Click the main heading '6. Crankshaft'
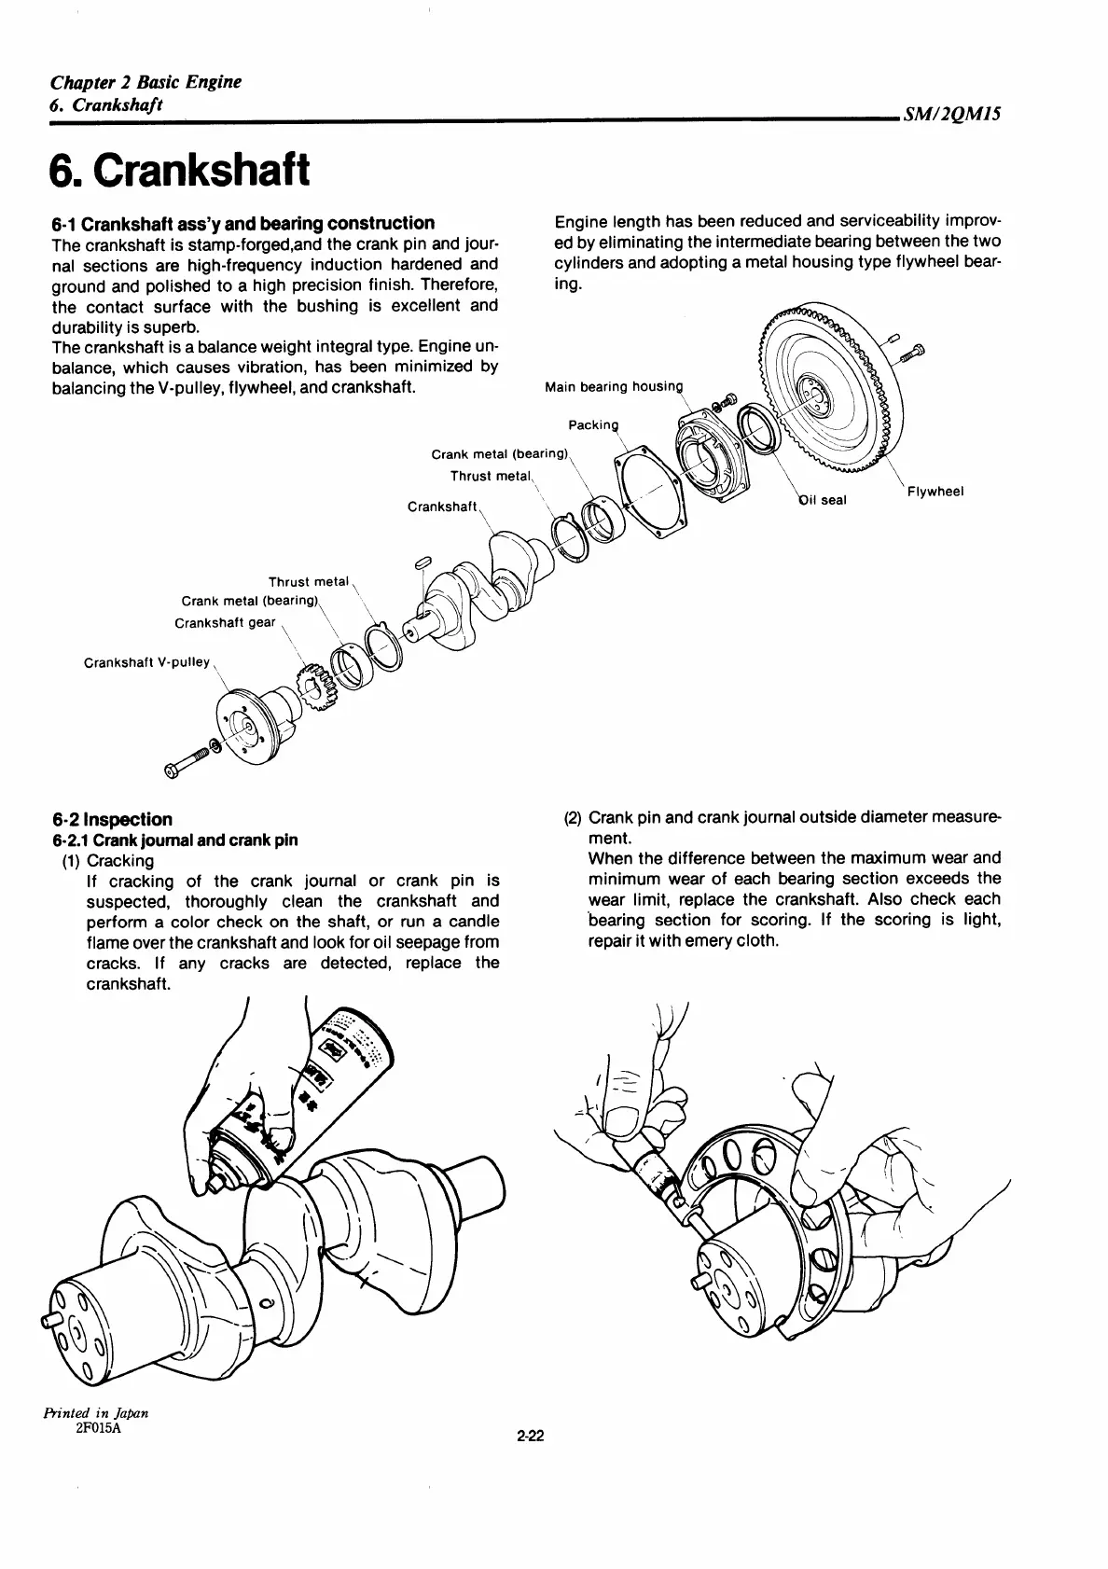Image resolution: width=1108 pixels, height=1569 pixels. pyautogui.click(x=179, y=171)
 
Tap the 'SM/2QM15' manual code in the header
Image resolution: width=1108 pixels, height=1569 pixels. pyautogui.click(x=951, y=115)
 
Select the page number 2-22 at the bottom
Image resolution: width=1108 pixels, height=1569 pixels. pyautogui.click(x=529, y=1463)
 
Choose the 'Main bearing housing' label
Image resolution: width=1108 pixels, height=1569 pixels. pyautogui.click(x=614, y=387)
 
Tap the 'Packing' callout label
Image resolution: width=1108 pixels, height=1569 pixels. pyautogui.click(x=593, y=426)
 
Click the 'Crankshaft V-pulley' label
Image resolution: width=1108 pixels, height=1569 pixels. pyautogui.click(x=146, y=662)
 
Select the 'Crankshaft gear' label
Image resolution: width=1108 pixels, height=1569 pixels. pyautogui.click(x=225, y=622)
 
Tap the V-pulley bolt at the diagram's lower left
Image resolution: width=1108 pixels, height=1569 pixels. pyautogui.click(x=190, y=759)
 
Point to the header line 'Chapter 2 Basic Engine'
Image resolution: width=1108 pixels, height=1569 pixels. pyautogui.click(x=145, y=82)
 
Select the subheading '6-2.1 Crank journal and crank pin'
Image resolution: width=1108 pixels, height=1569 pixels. pyautogui.click(x=174, y=840)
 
